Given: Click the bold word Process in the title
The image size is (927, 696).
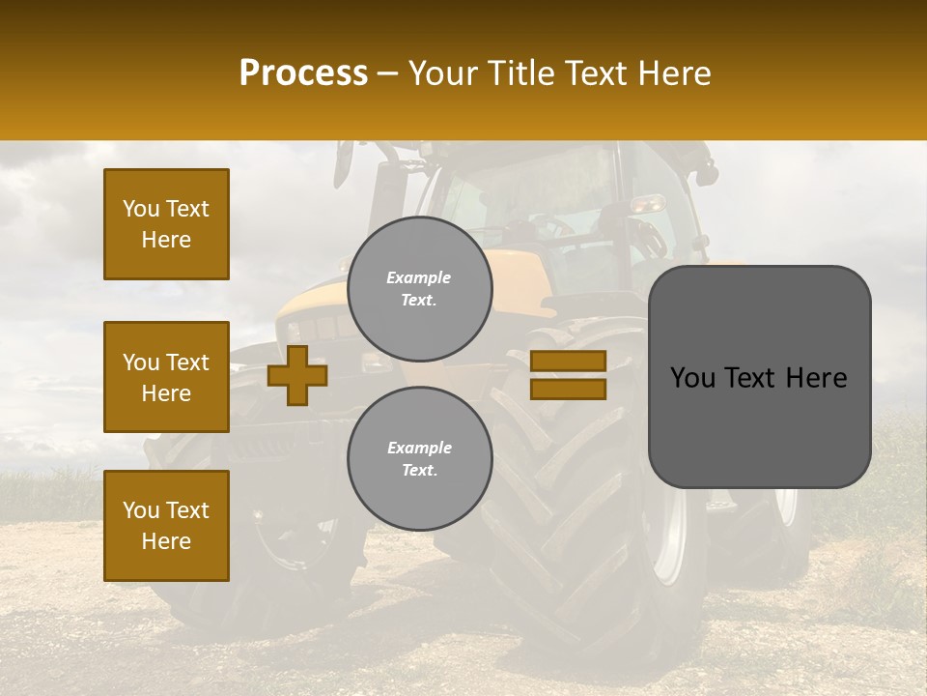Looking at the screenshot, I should tap(303, 73).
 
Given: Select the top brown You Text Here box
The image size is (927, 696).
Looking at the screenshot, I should tap(166, 224).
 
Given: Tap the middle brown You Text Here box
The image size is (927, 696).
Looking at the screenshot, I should tap(166, 377).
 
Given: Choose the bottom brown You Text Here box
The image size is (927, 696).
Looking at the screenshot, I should tap(166, 525).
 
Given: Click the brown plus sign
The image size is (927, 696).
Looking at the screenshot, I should tap(297, 375).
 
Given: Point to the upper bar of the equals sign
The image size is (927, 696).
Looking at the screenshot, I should tap(568, 361).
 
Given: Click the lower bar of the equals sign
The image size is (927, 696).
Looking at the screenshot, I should tap(568, 389).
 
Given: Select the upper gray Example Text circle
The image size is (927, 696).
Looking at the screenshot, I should tap(420, 288).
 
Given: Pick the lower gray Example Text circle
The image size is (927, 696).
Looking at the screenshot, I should tap(420, 458).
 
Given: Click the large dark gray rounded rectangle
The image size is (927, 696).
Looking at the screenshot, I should tap(759, 425).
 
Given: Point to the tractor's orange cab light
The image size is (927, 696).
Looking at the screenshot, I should tap(648, 203).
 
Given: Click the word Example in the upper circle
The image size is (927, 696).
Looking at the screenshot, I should tap(418, 277).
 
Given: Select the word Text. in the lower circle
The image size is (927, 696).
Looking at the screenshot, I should tap(419, 471).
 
